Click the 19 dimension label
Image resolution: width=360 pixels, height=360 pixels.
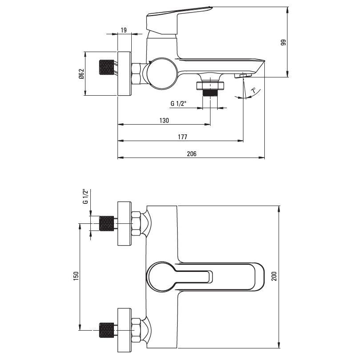(124, 30)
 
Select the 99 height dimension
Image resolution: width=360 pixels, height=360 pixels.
(283, 42)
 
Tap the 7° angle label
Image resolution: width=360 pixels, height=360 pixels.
(254, 90)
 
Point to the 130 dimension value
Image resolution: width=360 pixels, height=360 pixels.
(164, 120)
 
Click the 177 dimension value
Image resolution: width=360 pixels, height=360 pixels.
(182, 137)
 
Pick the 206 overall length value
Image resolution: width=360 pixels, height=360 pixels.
(192, 154)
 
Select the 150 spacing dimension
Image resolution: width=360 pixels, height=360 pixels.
(76, 276)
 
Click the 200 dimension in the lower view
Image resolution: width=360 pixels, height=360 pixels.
(274, 276)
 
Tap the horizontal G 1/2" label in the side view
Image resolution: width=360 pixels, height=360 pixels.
(178, 104)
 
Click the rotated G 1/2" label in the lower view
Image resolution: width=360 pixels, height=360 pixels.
(85, 196)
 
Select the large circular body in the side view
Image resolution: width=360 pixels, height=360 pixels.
(162, 73)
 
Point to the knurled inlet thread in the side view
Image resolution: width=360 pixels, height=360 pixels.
(106, 67)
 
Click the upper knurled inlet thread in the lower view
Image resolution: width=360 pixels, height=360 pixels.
(106, 223)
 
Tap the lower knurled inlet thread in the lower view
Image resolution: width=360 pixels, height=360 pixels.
(106, 330)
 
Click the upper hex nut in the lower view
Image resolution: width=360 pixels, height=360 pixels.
(136, 224)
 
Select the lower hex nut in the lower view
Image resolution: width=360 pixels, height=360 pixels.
(136, 330)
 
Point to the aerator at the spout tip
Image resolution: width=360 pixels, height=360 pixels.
(243, 75)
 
